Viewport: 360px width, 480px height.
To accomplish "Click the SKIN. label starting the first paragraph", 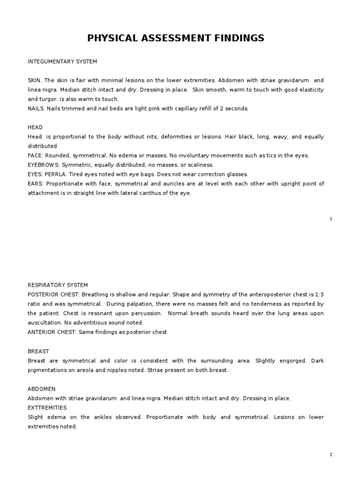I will click(x=35, y=80).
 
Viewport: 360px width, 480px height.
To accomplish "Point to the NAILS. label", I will click(x=36, y=108).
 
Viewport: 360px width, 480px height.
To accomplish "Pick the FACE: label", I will click(x=36, y=155).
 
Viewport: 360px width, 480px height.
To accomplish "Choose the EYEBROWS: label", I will click(x=43, y=165).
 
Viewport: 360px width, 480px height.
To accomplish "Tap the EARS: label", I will click(x=36, y=183).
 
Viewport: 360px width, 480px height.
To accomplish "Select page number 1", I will click(x=331, y=219).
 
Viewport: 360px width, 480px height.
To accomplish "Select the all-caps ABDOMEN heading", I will click(x=42, y=389).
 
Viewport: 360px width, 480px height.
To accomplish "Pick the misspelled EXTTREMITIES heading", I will click(x=47, y=407).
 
